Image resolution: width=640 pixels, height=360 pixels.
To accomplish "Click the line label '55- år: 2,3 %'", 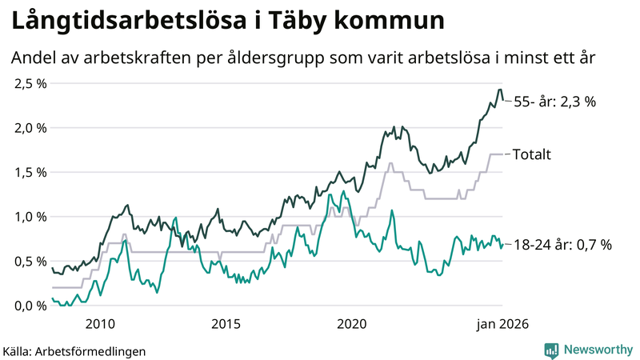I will [555, 102].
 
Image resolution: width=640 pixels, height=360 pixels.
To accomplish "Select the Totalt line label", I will [532, 154].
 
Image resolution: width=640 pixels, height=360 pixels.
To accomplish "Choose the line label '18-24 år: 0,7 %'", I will [562, 245].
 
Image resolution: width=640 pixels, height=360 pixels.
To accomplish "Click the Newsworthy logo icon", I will [551, 350].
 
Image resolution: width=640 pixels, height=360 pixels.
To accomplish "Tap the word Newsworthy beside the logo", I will [597, 350].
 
